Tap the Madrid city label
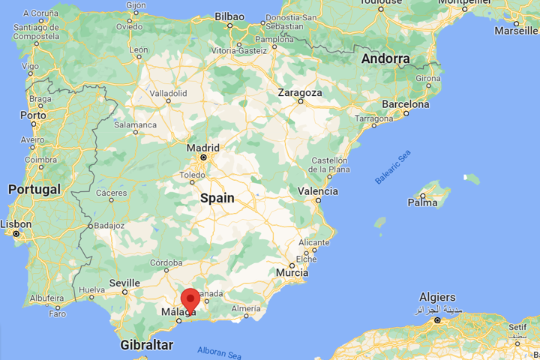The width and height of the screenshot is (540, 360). (202, 148)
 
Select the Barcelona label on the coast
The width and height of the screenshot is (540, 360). (405, 104)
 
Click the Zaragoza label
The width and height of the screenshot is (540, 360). (299, 92)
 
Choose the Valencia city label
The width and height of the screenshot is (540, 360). (317, 191)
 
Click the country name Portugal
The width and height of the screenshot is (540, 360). (34, 190)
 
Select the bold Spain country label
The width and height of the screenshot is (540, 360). (217, 198)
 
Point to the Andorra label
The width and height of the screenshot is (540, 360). (385, 58)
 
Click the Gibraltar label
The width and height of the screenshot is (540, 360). (145, 345)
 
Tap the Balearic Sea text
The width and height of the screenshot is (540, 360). (394, 166)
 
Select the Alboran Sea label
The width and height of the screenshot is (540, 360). (219, 351)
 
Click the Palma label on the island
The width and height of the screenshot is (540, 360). (421, 202)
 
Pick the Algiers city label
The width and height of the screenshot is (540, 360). (437, 297)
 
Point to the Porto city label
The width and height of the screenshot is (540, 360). (32, 115)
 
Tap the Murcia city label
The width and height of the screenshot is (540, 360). (292, 273)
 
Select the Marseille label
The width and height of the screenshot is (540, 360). (516, 31)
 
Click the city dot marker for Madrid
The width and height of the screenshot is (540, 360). (202, 158)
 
